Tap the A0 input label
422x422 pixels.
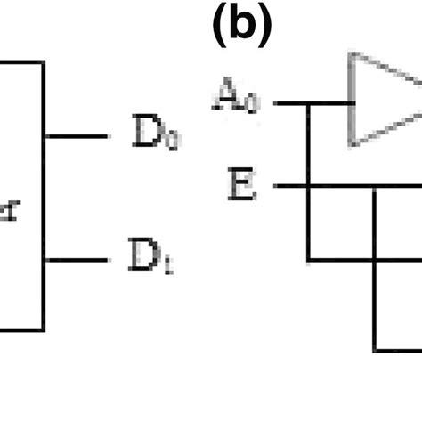pyautogui.click(x=236, y=99)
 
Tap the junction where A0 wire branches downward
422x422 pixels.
pyautogui.click(x=309, y=103)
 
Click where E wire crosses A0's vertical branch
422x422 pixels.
pyautogui.click(x=309, y=186)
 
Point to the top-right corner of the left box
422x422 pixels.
pyautogui.click(x=44, y=62)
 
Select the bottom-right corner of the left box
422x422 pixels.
pyautogui.click(x=44, y=329)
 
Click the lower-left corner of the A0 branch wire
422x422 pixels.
pyautogui.click(x=309, y=260)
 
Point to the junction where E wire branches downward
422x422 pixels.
pyautogui.click(x=375, y=186)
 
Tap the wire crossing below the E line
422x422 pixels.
pyautogui.click(x=375, y=260)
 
